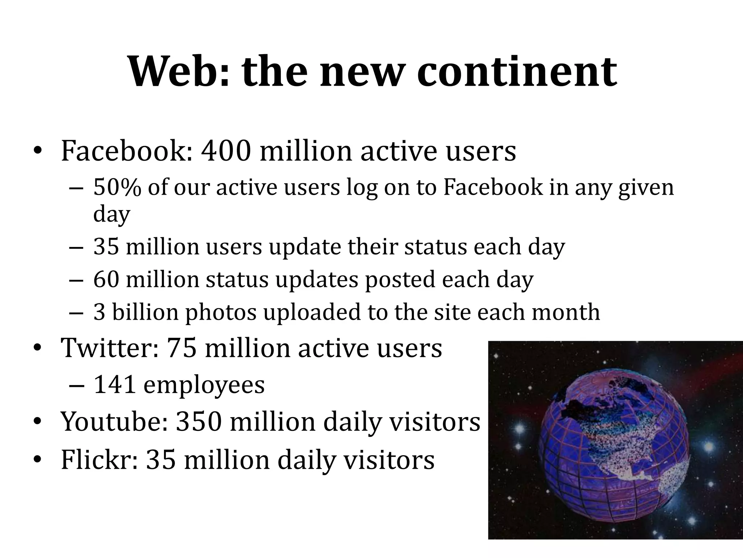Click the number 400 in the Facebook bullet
226,151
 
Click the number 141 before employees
115,385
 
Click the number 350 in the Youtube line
198,422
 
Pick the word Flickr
99,460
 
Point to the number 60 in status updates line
106,280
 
